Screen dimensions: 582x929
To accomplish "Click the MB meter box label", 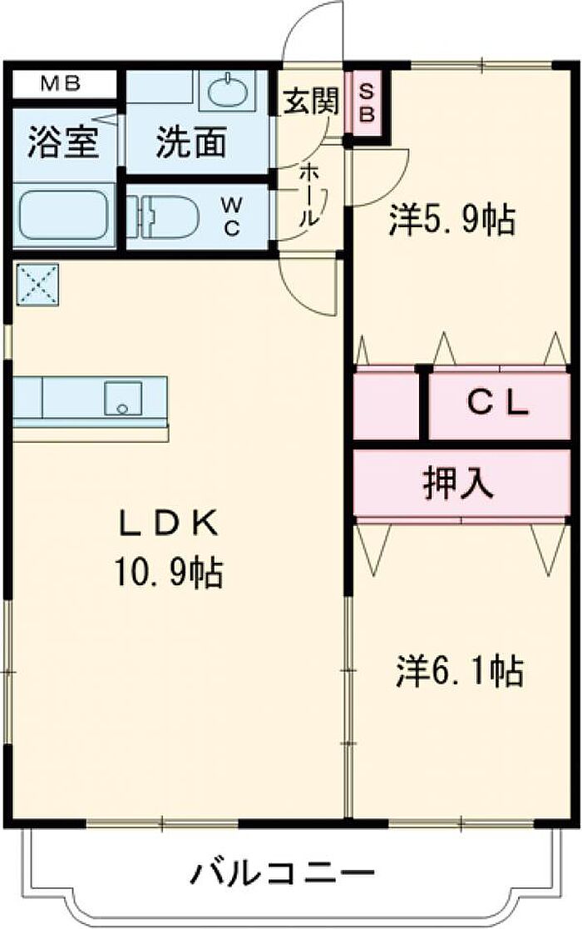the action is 61,84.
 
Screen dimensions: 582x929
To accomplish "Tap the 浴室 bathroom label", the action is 63,143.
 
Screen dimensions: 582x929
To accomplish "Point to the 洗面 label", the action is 191,143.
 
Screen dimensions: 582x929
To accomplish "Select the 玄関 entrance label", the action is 311,101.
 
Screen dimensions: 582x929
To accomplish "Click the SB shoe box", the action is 367,103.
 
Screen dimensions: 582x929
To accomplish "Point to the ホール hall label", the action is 308,193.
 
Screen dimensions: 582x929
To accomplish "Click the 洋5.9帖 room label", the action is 452,220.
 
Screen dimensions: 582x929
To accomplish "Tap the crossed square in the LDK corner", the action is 37,285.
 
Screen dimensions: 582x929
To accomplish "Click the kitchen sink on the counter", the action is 123,398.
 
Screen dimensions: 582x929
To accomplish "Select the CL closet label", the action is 497,404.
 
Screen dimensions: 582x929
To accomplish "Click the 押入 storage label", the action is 458,484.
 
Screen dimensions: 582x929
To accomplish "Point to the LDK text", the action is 169,523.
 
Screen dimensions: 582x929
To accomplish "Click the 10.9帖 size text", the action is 169,573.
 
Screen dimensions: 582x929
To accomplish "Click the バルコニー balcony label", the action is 284,872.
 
